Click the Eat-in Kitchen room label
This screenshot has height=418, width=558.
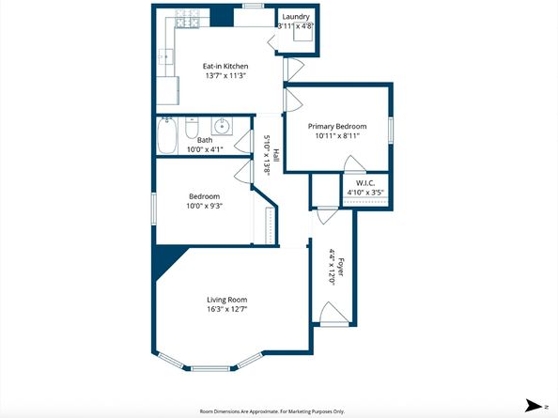pyautogui.click(x=226, y=66)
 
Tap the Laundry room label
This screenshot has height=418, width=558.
pyautogui.click(x=296, y=17)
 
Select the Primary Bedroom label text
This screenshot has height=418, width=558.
pyautogui.click(x=337, y=126)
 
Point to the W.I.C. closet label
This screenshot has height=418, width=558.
pyautogui.click(x=365, y=183)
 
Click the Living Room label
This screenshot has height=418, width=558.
pyautogui.click(x=226, y=300)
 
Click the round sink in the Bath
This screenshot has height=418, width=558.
pyautogui.click(x=222, y=126)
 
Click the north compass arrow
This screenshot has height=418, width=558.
pyautogui.click(x=535, y=406)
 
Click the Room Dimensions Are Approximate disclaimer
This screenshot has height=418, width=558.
pyautogui.click(x=272, y=410)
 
